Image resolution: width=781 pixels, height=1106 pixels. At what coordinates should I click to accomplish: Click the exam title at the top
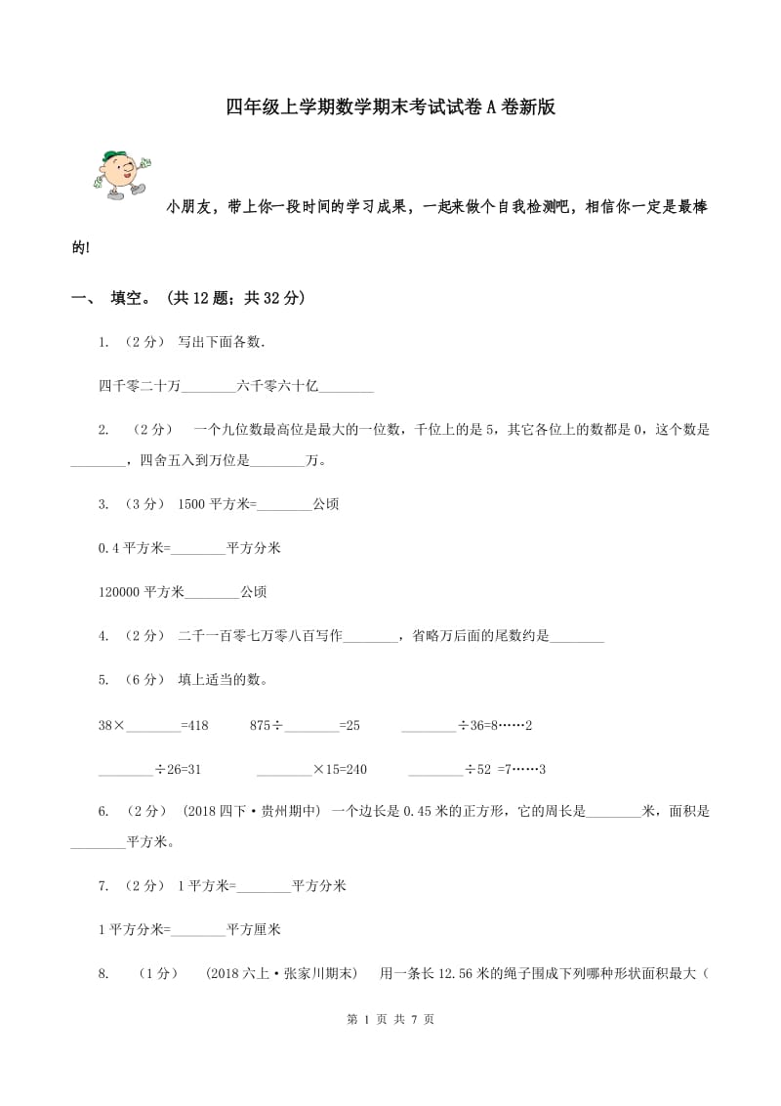pos(390,107)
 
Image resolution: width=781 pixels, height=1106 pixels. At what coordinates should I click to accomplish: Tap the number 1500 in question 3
pos(191,504)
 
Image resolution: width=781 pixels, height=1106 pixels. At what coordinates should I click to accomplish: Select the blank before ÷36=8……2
pos(429,726)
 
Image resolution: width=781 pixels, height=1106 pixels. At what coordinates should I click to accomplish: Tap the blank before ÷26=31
pos(127,770)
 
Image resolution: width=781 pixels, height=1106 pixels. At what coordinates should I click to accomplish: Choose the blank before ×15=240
pos(284,770)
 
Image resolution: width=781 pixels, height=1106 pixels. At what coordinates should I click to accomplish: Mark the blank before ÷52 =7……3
pos(435,770)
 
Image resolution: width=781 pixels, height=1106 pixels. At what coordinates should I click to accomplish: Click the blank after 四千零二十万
pos(209,387)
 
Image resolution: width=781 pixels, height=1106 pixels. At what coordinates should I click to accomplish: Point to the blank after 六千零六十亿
pos(347,387)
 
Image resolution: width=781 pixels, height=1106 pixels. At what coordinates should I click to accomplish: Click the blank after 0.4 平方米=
pos(198,548)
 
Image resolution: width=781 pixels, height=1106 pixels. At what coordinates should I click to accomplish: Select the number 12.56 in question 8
pos(473,973)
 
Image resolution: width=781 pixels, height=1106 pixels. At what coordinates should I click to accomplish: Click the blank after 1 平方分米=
pos(198,929)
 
